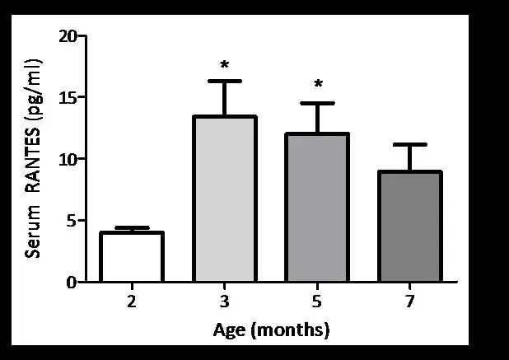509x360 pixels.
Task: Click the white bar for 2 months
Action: pyautogui.click(x=132, y=257)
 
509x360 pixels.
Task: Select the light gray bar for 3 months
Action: pyautogui.click(x=225, y=199)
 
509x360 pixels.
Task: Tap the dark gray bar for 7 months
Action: pyautogui.click(x=410, y=226)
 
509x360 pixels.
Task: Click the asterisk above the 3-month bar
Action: pyautogui.click(x=224, y=65)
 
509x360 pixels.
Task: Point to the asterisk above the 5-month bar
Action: pyautogui.click(x=317, y=86)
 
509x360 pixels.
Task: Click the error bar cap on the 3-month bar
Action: pyautogui.click(x=225, y=81)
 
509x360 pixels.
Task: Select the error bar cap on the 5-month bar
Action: pyautogui.click(x=318, y=103)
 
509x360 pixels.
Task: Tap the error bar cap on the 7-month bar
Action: pyautogui.click(x=410, y=144)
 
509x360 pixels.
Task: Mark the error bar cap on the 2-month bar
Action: pyautogui.click(x=132, y=227)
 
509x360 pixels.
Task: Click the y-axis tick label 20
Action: pyautogui.click(x=68, y=36)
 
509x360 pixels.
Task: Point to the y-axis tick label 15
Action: pyautogui.click(x=68, y=97)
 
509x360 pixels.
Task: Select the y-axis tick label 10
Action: pyautogui.click(x=68, y=159)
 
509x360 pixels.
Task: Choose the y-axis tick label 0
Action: pyautogui.click(x=72, y=282)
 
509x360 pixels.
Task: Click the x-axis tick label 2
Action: pyautogui.click(x=132, y=302)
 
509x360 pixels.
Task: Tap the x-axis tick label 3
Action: pyautogui.click(x=225, y=302)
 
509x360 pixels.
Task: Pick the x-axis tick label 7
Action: pyautogui.click(x=410, y=302)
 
